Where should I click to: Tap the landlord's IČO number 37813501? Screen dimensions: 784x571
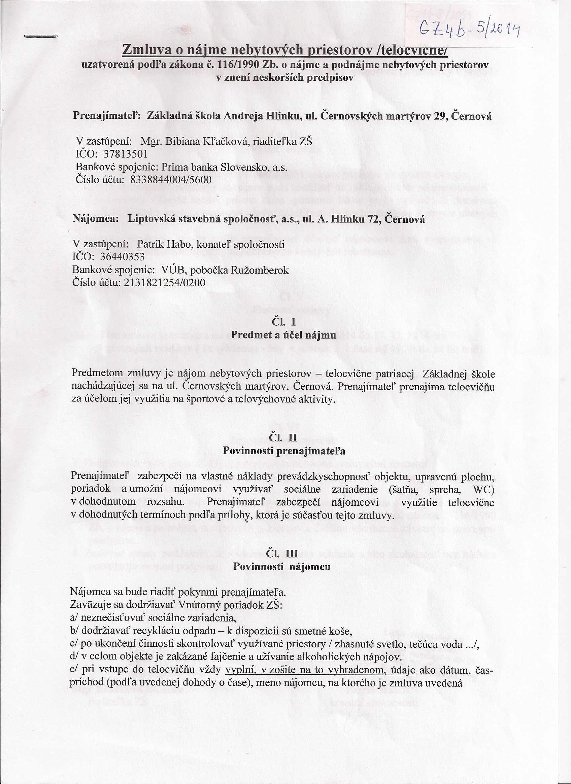(126, 153)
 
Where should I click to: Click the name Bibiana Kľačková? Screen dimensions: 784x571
(204, 141)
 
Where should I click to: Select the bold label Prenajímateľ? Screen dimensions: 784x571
(106, 116)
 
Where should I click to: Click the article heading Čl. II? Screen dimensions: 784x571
(283, 438)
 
